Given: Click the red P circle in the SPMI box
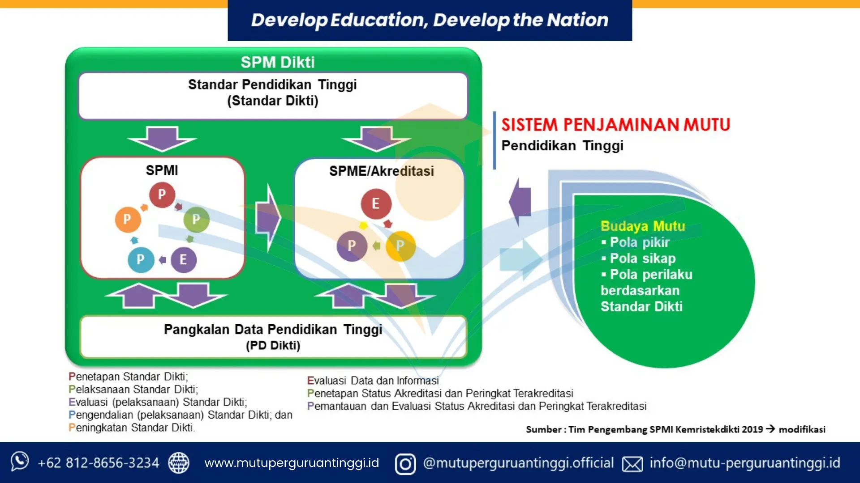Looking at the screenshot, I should point(162,195).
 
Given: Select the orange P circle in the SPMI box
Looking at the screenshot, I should point(128,219).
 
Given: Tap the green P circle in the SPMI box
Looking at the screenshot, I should point(196,219).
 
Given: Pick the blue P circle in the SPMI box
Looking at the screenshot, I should point(141,259).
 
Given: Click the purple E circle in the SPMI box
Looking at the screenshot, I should point(183,259).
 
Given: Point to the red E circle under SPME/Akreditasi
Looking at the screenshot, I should point(376,204).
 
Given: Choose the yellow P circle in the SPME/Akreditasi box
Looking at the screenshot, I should point(400,246).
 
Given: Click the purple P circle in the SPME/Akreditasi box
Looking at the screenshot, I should point(352,246).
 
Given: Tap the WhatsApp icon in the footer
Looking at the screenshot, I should point(20,462).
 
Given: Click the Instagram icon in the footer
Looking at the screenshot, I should point(405,464).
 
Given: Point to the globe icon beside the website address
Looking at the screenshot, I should point(179,463).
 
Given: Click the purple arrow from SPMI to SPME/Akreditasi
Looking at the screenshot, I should point(268,218).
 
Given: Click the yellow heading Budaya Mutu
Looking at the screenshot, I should point(643,226).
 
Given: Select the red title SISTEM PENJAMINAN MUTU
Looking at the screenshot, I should point(616,125).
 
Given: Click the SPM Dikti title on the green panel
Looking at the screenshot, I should point(278,62).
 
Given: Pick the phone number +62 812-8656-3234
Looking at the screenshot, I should point(98,463).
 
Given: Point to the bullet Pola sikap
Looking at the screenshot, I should point(642,258).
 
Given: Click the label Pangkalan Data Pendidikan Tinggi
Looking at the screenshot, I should point(273,330).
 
